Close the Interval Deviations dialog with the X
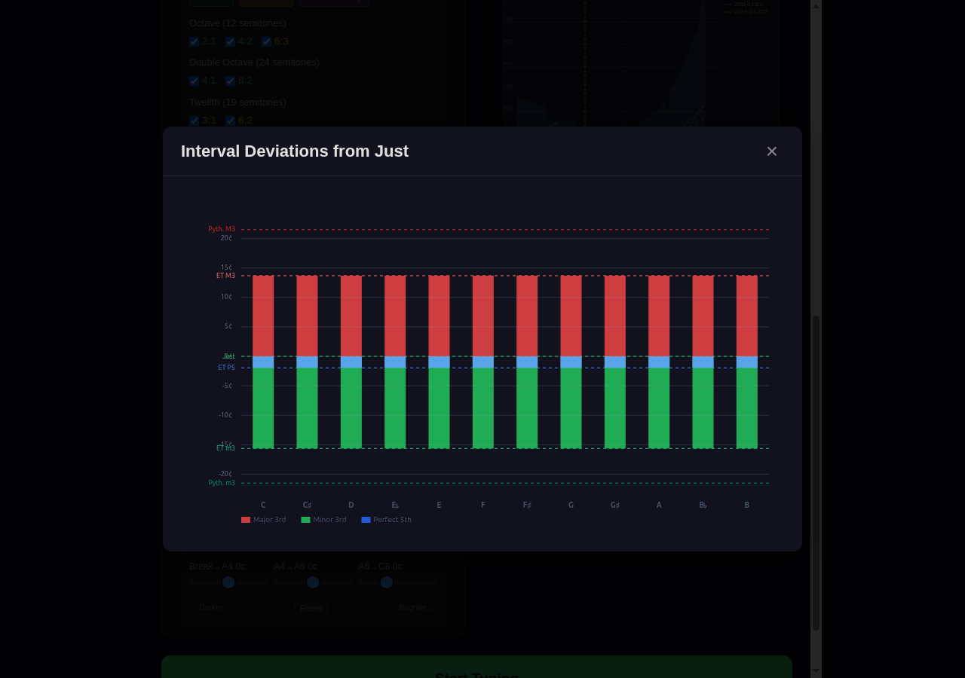pos(771,151)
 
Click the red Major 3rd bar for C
pos(263,316)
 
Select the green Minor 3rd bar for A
pos(659,408)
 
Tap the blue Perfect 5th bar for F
pos(483,362)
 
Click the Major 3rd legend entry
pos(263,520)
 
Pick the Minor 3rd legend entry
pos(323,520)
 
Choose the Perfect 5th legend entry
pos(386,520)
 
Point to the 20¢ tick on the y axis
pos(226,238)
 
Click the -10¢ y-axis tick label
pos(225,415)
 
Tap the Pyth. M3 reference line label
pos(222,229)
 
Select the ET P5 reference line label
pos(226,368)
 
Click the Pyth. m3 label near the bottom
pos(222,483)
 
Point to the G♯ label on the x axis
pos(615,505)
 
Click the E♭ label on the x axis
pos(395,505)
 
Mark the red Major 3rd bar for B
pos(747,316)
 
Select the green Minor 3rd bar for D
pos(351,408)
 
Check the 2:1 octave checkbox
pos(195,41)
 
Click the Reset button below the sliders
pos(311,608)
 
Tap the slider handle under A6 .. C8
pos(387,582)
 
